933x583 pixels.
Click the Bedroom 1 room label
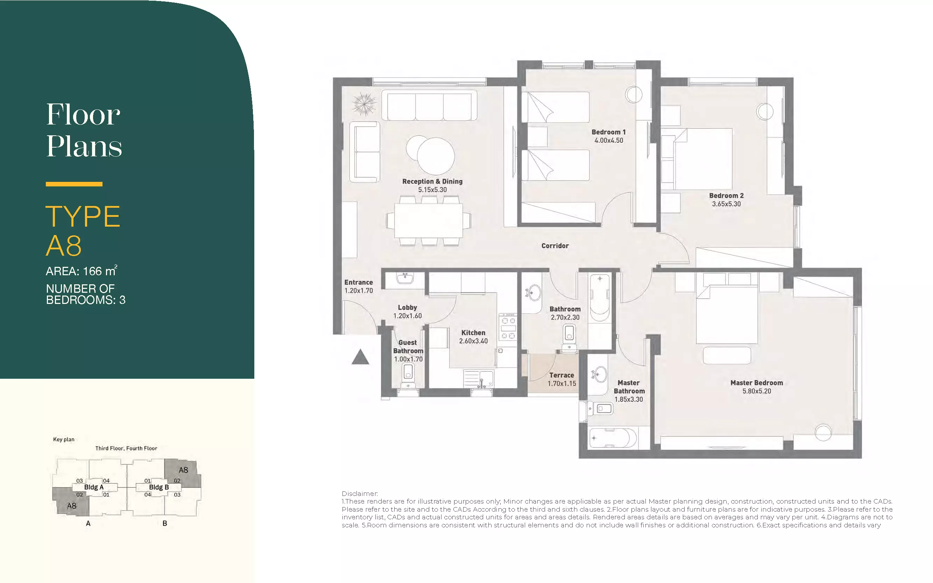pyautogui.click(x=609, y=132)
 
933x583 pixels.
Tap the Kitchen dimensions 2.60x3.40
pyautogui.click(x=473, y=341)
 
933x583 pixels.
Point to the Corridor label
pyautogui.click(x=555, y=246)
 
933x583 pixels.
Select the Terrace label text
pyautogui.click(x=561, y=375)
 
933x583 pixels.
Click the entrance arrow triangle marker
pyautogui.click(x=361, y=357)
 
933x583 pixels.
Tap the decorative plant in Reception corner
pyautogui.click(x=364, y=104)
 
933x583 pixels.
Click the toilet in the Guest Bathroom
pyautogui.click(x=408, y=376)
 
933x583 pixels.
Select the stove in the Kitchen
pyautogui.click(x=508, y=327)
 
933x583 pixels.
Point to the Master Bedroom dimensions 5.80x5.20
pyautogui.click(x=757, y=391)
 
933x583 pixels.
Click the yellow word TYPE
pyautogui.click(x=83, y=216)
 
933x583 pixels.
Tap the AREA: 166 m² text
pyautogui.click(x=82, y=271)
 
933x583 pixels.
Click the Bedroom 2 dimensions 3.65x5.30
pyautogui.click(x=726, y=204)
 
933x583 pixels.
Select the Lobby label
pyautogui.click(x=407, y=307)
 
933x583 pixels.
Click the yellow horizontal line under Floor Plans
pyautogui.click(x=74, y=184)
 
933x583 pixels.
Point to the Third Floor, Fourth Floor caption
pyautogui.click(x=126, y=448)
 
